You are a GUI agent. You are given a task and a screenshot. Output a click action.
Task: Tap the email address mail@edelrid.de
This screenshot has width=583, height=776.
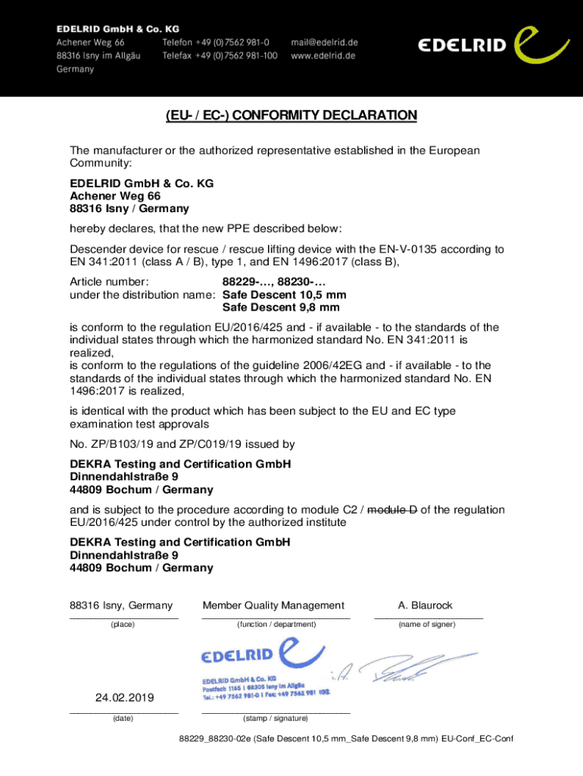[326, 42]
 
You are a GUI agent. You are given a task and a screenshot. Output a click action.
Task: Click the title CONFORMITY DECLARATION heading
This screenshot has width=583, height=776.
[291, 116]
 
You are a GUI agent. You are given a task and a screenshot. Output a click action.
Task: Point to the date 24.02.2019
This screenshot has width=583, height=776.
[123, 697]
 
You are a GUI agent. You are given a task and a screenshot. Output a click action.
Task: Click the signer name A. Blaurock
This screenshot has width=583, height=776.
[426, 605]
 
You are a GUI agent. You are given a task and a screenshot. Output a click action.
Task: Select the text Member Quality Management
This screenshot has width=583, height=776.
[273, 605]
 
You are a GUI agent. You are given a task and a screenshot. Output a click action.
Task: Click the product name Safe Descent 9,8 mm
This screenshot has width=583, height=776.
[281, 308]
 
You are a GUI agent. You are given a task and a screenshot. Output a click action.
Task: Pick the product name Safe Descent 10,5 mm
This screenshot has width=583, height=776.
[284, 295]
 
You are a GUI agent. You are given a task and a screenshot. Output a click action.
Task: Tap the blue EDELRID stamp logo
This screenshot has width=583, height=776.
[261, 655]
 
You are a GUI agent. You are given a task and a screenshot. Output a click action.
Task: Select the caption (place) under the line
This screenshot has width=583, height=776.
[123, 624]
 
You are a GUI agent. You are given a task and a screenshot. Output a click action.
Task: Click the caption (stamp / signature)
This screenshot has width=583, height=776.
[275, 718]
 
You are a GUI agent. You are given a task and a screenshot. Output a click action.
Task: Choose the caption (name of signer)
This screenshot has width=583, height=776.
[427, 624]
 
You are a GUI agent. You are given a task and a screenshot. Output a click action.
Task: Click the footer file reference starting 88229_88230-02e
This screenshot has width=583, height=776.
[363, 740]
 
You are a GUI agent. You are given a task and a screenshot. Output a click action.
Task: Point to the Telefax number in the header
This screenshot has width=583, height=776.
[220, 55]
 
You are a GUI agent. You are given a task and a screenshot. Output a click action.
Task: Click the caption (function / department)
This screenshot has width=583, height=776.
[276, 624]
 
